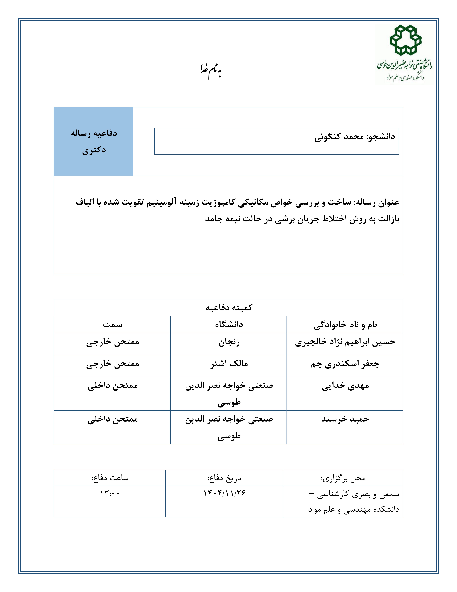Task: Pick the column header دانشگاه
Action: point(229,324)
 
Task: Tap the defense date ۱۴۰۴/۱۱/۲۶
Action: point(224,493)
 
